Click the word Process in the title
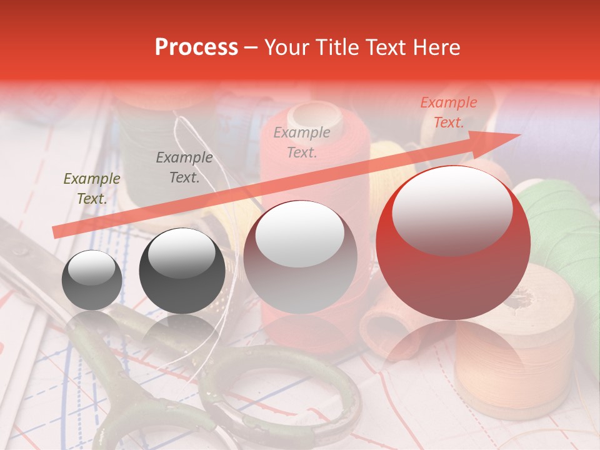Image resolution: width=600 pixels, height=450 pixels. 196,47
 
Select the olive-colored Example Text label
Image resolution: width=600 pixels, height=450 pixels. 91,189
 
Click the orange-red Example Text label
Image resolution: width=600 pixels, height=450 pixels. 448,112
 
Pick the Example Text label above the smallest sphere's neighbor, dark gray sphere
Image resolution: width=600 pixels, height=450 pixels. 184,167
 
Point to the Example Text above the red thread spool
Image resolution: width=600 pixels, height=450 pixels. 302,142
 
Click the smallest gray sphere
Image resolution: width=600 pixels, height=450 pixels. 92,280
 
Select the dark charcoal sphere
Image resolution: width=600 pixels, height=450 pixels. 182,271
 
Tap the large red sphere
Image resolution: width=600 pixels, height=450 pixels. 453,243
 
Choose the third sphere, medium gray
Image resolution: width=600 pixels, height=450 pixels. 300,256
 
